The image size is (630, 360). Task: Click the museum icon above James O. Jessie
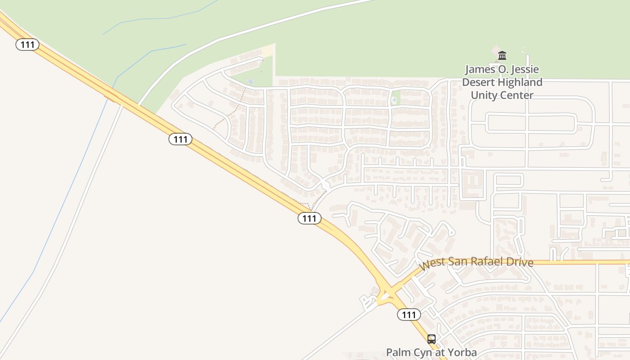coord(502,56)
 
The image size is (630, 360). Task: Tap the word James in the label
coord(480,70)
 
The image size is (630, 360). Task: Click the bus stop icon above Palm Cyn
coord(432,339)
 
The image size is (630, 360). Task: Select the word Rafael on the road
coord(487,261)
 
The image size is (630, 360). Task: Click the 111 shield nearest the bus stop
coord(409,315)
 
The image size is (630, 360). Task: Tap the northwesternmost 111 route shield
coord(27,45)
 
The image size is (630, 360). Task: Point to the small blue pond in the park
coord(251,81)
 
